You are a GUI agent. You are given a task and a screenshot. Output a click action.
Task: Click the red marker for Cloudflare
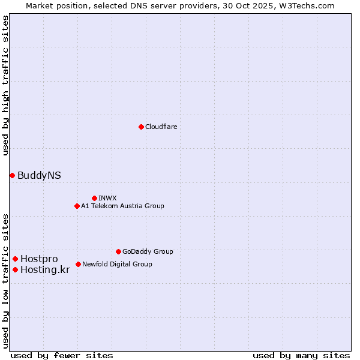[141, 127]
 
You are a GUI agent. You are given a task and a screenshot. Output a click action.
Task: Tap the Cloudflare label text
[161, 127]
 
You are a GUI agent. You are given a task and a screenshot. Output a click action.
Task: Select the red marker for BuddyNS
[12, 175]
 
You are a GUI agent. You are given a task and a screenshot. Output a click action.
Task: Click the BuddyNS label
[39, 175]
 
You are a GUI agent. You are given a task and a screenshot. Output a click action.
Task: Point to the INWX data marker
[94, 198]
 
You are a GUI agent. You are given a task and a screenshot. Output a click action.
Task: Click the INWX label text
[107, 199]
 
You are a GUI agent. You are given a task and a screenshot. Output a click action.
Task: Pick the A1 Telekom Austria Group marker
[77, 206]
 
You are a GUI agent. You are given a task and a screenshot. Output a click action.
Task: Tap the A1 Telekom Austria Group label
[122, 206]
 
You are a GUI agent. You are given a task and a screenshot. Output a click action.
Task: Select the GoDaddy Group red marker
[118, 251]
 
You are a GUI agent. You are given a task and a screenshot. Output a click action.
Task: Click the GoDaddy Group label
[148, 252]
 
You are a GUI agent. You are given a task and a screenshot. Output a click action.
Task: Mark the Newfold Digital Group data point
[78, 264]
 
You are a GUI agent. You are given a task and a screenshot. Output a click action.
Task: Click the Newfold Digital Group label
[117, 265]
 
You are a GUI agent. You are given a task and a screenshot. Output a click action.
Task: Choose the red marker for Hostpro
[15, 259]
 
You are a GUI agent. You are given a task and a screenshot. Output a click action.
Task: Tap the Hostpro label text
[39, 259]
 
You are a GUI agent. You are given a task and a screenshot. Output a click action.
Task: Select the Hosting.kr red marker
[15, 269]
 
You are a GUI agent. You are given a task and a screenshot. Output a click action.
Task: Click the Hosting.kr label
[45, 270]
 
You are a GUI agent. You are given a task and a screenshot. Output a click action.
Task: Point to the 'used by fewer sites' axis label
[62, 355]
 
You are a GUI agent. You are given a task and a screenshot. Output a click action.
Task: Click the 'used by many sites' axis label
[301, 355]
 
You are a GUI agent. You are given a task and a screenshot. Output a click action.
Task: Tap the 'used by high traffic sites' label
[5, 85]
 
